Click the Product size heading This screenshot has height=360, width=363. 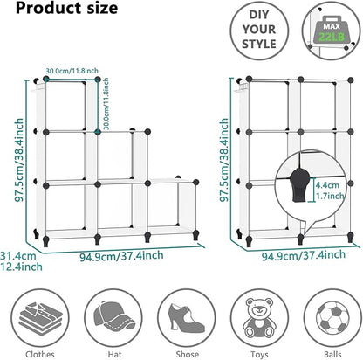pyautogui.click(x=66, y=8)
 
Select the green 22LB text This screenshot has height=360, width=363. pyautogui.click(x=332, y=37)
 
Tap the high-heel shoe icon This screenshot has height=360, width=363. pyautogui.click(x=187, y=318)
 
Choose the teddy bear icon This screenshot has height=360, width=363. pyautogui.click(x=259, y=317)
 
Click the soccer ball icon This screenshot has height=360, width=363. pyautogui.click(x=332, y=318)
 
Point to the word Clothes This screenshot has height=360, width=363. pyautogui.click(x=40, y=354)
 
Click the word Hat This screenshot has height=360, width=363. pyautogui.click(x=114, y=354)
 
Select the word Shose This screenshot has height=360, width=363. pyautogui.click(x=188, y=354)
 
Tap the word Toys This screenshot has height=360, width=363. pyautogui.click(x=259, y=355)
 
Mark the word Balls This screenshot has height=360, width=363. pyautogui.click(x=332, y=354)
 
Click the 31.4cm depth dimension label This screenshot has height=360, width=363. pyautogui.click(x=21, y=261)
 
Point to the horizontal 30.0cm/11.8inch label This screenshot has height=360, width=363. pyautogui.click(x=72, y=71)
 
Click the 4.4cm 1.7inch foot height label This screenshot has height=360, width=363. pyautogui.click(x=330, y=190)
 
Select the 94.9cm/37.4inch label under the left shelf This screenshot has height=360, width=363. pyautogui.click(x=121, y=256)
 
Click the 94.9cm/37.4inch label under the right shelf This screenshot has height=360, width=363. pyautogui.click(x=304, y=255)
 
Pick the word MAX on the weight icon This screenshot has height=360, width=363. pyautogui.click(x=332, y=26)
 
